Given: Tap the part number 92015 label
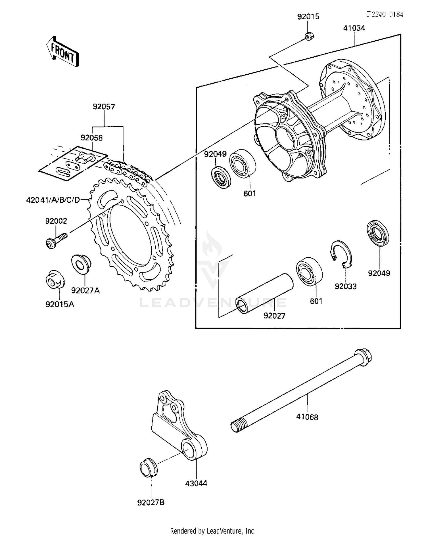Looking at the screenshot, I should coord(308,16).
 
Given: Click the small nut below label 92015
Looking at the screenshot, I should coord(309,36).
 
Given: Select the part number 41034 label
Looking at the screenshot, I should coord(354,28).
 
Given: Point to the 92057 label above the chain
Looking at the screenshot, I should coord(104,107).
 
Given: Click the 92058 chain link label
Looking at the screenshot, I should coord(91,138).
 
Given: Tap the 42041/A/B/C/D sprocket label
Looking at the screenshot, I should coord(53,200).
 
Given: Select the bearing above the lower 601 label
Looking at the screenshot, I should coord(309,271).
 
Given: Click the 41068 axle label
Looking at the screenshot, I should coord(307,417).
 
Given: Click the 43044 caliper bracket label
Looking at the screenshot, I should coord(196,483).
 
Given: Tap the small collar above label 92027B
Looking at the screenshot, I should coord(149,467).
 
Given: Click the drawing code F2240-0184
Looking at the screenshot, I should coord(385,14).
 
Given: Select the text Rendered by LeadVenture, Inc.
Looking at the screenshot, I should coord(213,530).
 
